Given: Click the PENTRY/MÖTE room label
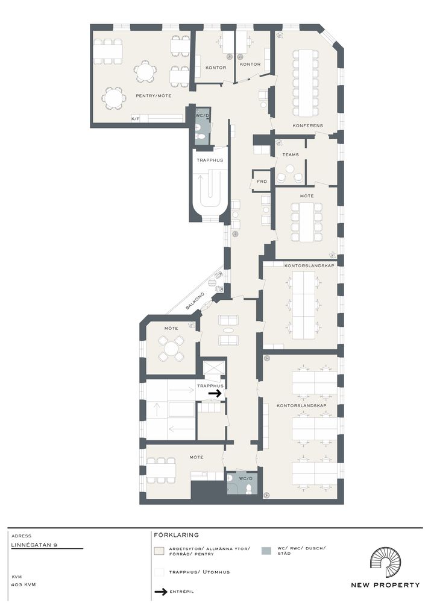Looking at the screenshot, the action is (153, 95).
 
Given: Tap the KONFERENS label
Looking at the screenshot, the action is (308, 125).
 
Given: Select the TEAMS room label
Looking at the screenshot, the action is (291, 154).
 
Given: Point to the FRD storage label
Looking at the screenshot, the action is (262, 182).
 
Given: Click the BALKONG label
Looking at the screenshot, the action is (195, 300).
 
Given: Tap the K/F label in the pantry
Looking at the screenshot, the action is (135, 118).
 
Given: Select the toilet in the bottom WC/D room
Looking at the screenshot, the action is (248, 490).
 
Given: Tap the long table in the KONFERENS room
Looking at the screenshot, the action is (306, 83).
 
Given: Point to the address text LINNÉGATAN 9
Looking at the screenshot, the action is (34, 545).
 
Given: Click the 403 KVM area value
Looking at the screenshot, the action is (24, 584).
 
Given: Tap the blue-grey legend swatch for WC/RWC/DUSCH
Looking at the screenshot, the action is (266, 551).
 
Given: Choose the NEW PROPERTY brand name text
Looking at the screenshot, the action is (385, 585).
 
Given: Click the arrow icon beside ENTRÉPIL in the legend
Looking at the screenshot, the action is (161, 592).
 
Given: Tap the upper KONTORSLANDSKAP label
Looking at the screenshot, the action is (309, 265).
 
